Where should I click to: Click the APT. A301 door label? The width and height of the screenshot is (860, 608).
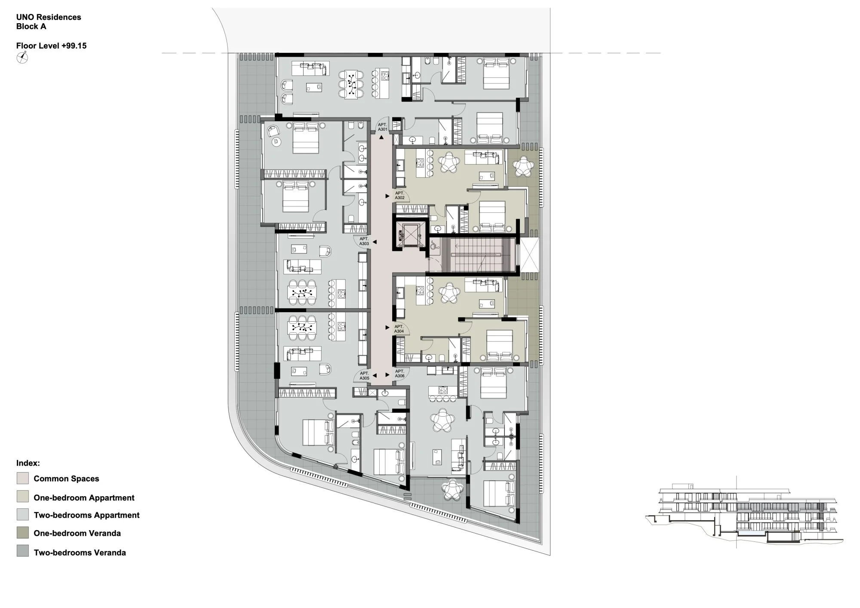(x=383, y=127)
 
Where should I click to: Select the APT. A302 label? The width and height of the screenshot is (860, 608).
(x=400, y=195)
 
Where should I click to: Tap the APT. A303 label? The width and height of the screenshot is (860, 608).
(x=364, y=241)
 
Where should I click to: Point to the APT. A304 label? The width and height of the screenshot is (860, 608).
(x=399, y=329)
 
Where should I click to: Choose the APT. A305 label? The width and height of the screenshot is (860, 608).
(x=365, y=376)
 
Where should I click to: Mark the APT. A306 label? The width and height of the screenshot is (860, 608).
(x=400, y=373)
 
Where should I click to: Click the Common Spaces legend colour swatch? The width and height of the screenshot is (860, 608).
(x=23, y=478)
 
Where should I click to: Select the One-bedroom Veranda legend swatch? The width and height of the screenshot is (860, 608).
(x=23, y=533)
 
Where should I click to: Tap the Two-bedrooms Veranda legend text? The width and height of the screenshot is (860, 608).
(x=80, y=553)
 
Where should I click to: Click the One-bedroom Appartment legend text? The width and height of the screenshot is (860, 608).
(x=84, y=497)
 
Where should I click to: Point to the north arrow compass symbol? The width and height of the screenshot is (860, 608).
(x=22, y=57)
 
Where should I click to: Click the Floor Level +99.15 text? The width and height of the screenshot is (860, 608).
(x=52, y=46)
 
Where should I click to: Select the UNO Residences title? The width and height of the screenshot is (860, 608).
(x=49, y=17)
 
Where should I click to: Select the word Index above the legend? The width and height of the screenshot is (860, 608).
(x=28, y=463)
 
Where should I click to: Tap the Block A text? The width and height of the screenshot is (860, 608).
(x=31, y=26)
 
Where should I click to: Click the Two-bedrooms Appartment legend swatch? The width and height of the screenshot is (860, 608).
(x=23, y=515)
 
